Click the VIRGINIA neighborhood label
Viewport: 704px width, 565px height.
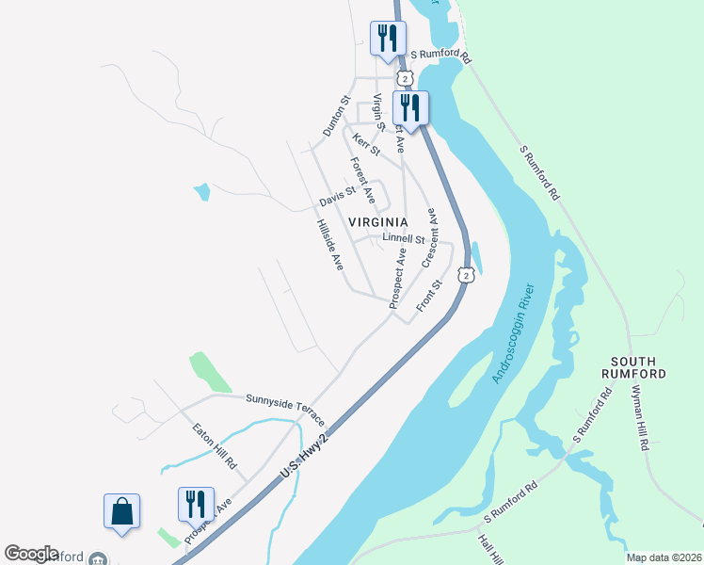pos(378,222)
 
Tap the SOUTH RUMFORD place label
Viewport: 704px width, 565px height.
pos(638,367)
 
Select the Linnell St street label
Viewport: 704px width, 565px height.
pos(404,238)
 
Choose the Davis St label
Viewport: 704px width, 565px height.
pos(337,198)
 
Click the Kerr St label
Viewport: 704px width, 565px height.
pos(366,144)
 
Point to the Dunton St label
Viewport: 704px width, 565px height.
pos(337,116)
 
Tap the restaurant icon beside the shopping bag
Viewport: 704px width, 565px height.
pos(196,505)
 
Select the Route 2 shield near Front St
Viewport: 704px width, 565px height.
pos(467,274)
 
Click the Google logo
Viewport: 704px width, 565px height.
pos(31,554)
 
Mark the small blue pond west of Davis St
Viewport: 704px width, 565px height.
pos(201,192)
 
